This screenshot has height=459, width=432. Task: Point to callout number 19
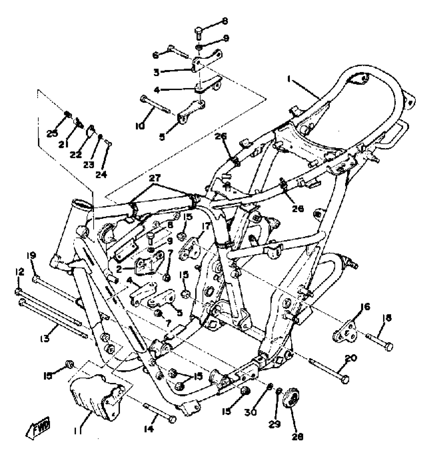click(32, 255)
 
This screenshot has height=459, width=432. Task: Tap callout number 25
click(52, 133)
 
